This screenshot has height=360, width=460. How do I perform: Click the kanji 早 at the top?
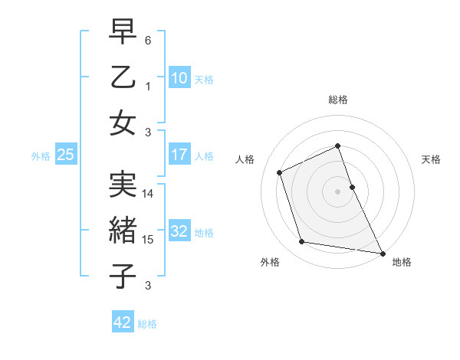coord(123,31)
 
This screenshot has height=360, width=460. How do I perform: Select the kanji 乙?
coord(123,77)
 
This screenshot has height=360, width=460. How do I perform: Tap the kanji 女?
coord(123,123)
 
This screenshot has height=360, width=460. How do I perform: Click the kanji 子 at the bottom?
coord(123,277)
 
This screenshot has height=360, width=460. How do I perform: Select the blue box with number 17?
coord(179,155)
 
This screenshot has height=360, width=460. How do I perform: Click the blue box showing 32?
coord(179,231)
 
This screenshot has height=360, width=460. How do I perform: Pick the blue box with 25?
coord(65,155)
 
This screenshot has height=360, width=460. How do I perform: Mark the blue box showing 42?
coord(122,322)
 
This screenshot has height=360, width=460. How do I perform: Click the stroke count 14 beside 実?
coord(149,194)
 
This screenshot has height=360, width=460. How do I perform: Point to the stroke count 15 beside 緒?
coord(149,240)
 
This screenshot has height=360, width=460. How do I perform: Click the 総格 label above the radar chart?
coord(337,100)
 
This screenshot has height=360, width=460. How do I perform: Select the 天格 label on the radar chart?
coord(431,159)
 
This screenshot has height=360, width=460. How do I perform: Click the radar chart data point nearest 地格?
coord(382,252)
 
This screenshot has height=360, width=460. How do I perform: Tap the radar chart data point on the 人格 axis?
coord(280,172)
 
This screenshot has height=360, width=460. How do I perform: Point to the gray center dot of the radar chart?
coord(337,191)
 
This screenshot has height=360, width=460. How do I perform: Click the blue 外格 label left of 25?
coord(41,155)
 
